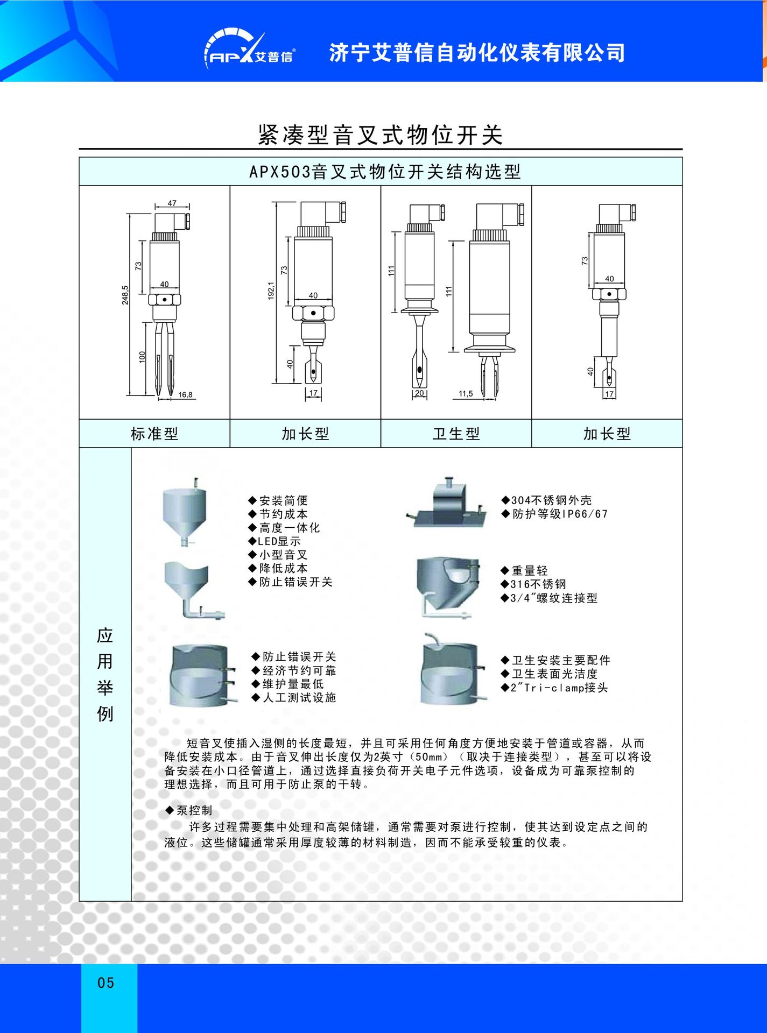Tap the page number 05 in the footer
(x=106, y=983)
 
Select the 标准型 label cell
(x=154, y=434)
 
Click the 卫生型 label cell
(x=456, y=434)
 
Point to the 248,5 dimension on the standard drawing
(x=125, y=295)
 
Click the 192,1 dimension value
(x=271, y=291)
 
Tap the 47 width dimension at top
(x=172, y=203)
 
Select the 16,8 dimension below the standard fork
(x=185, y=395)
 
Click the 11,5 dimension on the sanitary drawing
(x=466, y=394)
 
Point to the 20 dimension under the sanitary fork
(x=419, y=393)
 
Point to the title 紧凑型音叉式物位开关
(x=380, y=135)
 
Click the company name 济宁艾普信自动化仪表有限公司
(x=477, y=53)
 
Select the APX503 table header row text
(x=384, y=172)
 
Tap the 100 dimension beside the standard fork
(x=142, y=357)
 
